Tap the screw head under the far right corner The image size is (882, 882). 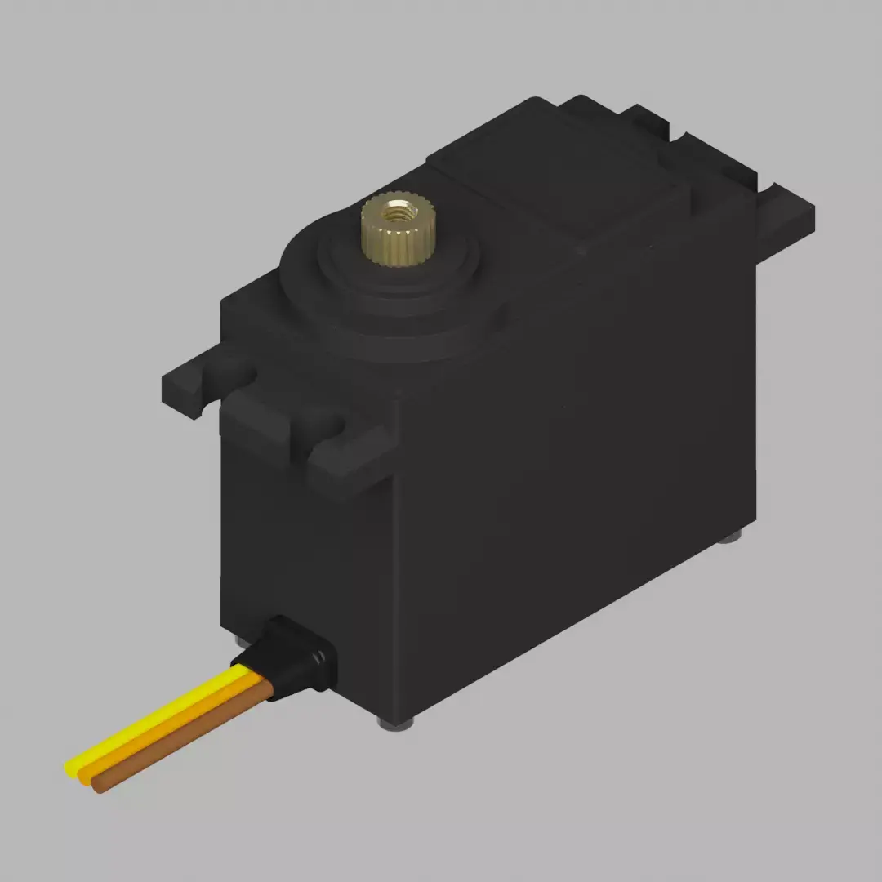(x=733, y=537)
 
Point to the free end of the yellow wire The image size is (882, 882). (x=72, y=768)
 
